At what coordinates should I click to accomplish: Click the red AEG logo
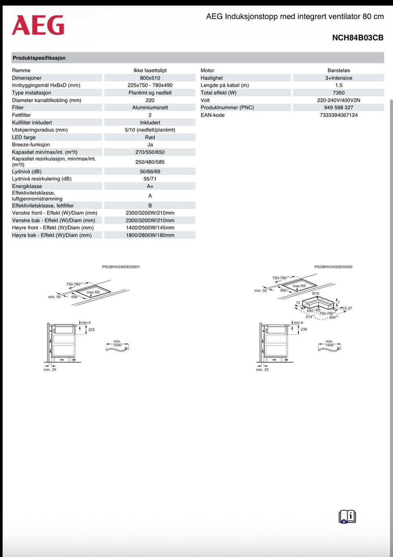tap(38, 25)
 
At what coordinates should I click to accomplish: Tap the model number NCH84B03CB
tap(357, 38)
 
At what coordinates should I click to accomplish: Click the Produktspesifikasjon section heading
tap(39, 58)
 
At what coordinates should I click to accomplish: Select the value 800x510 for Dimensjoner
tap(150, 78)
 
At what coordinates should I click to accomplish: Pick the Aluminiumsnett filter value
tap(150, 108)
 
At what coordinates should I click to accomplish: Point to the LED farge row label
tap(24, 137)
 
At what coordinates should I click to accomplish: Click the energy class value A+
tap(150, 186)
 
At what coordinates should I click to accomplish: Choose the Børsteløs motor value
tap(339, 70)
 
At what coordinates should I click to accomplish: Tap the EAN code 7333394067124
tap(339, 115)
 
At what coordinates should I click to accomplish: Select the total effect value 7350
tap(339, 93)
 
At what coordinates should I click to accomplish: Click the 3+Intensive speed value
tap(339, 78)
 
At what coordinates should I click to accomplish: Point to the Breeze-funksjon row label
tap(31, 145)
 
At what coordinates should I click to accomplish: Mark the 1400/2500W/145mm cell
tap(150, 228)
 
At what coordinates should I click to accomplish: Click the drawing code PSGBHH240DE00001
tap(121, 267)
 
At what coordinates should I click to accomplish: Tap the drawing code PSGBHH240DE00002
tap(333, 267)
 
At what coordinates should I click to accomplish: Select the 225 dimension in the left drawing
tap(91, 330)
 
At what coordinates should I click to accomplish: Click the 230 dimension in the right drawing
tap(304, 329)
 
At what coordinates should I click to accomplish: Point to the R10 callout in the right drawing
tap(315, 294)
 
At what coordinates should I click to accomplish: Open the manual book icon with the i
tap(347, 517)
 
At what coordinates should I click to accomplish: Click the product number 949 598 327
tap(339, 108)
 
